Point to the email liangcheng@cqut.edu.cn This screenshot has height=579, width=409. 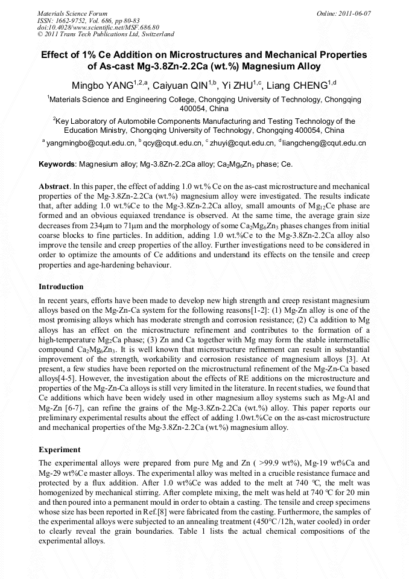(x=325, y=143)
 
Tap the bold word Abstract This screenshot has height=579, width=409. (x=54, y=187)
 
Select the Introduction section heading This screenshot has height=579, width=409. (x=61, y=286)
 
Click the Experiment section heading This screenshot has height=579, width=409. (x=59, y=450)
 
